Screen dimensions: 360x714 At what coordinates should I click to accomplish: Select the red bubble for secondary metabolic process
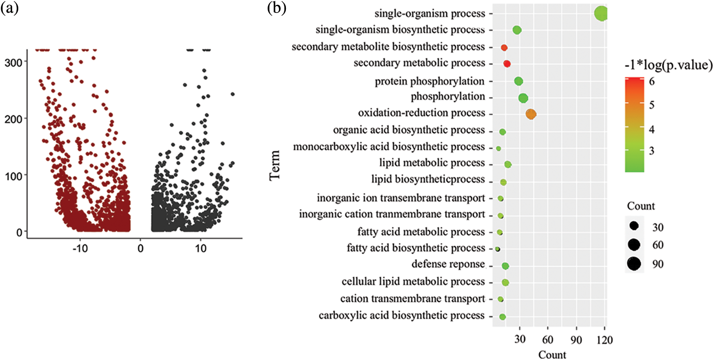coord(507,64)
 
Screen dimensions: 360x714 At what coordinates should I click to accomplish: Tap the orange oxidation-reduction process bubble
coord(531,114)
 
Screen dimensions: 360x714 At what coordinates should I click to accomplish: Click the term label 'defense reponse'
coord(448,264)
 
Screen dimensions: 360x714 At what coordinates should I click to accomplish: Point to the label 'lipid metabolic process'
coord(432,163)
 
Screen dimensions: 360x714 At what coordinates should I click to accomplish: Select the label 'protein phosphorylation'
coord(429,81)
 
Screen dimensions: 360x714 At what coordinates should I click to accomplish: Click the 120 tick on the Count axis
coord(604,340)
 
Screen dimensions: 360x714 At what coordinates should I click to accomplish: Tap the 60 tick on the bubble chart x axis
coord(548,340)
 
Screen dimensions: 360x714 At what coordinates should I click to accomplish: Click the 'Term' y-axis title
coord(275,165)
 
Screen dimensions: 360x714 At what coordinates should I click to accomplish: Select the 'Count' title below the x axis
coord(552,355)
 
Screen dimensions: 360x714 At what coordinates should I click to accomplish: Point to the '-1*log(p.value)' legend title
coord(668,65)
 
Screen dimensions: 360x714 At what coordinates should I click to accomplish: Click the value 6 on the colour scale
coord(652,81)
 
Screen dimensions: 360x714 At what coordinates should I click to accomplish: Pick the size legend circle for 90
coord(634,264)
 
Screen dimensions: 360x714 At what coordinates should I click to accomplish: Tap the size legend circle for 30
coord(634,226)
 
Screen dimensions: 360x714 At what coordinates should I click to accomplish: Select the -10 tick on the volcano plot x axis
coord(80,248)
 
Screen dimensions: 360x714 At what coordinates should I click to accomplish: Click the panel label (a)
coord(10,8)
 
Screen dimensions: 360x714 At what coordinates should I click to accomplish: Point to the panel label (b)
coord(277,8)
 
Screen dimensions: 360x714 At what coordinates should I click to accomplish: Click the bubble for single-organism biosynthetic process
coord(517,30)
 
